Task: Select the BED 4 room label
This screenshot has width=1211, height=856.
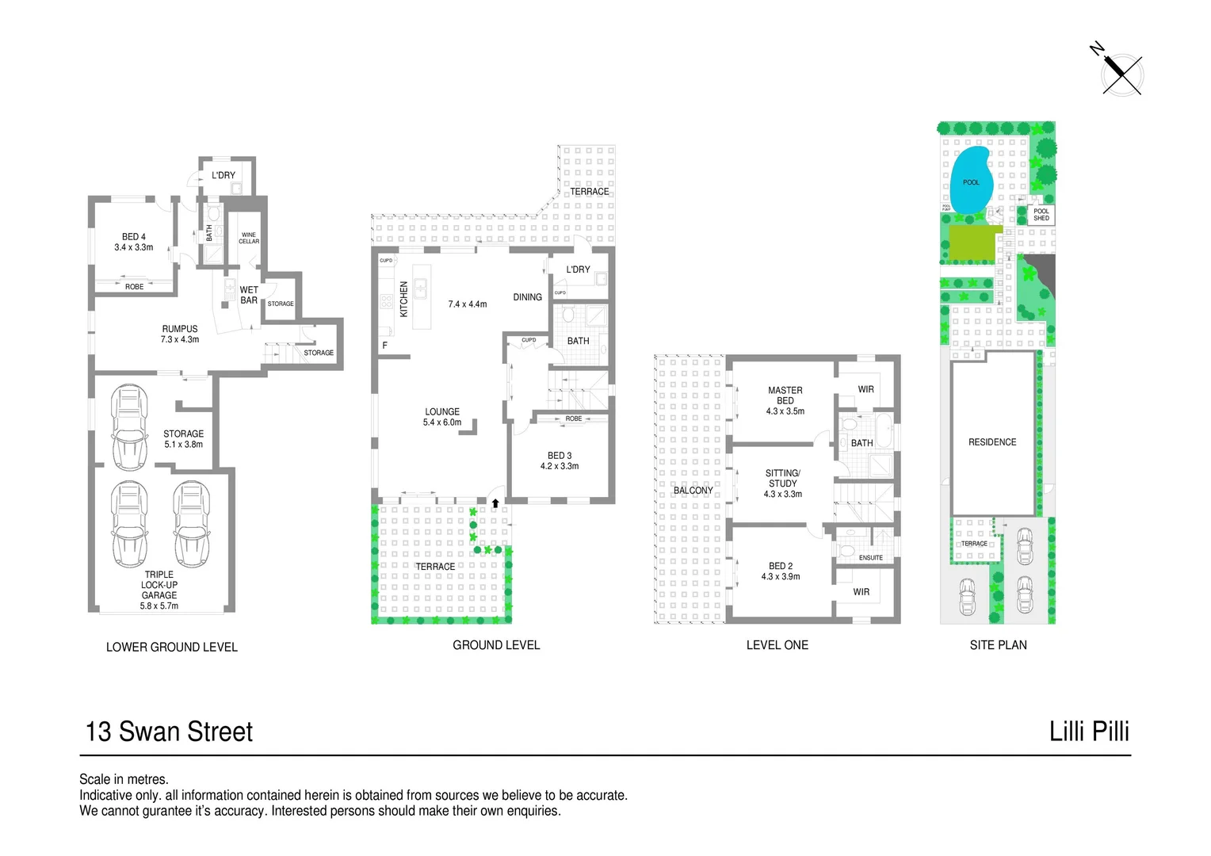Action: coord(133,242)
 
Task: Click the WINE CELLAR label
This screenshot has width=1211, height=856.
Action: coord(249,238)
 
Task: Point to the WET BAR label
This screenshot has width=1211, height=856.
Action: coord(249,295)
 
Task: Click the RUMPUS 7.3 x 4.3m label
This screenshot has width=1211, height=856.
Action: coord(180,334)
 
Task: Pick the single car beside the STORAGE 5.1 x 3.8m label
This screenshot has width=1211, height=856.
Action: coord(129,427)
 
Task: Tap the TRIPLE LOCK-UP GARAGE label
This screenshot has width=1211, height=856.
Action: coord(159,590)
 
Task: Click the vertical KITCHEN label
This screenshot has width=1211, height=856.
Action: coord(403,299)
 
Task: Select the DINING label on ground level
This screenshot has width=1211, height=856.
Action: coord(527,297)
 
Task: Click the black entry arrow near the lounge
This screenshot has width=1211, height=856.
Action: coord(495,503)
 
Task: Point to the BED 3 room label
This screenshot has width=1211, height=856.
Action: coord(560,460)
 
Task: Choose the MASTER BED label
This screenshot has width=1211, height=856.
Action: coord(785,400)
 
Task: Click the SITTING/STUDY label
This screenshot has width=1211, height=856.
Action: coord(782,483)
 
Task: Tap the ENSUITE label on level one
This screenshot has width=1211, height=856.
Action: coord(870,558)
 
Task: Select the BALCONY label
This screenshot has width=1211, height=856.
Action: coord(693,491)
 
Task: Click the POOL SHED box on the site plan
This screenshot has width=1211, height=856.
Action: coord(1041,215)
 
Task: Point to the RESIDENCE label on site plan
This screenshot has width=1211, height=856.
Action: coord(991,442)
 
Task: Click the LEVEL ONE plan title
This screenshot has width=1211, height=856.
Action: coord(777,645)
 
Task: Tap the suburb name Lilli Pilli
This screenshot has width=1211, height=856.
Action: coord(1089,731)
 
